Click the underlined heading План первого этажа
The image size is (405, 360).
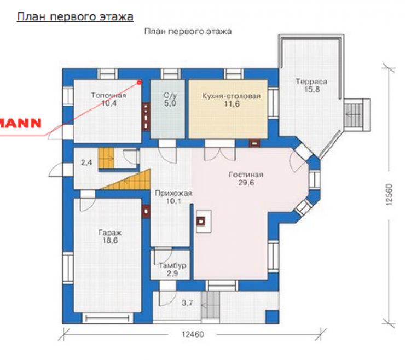[75, 17]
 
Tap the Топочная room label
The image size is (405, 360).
[109, 95]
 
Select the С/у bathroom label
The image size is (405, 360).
[170, 95]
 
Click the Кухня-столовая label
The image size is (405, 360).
[232, 96]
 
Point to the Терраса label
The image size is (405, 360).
[311, 82]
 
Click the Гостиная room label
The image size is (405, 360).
[246, 175]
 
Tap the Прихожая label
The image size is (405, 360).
[173, 193]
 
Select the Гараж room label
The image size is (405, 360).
[110, 233]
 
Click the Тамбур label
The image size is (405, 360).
[172, 265]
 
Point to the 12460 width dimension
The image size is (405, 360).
[193, 334]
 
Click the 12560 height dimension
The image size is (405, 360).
[390, 194]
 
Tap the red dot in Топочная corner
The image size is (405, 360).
[140, 83]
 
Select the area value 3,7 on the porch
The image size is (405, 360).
[188, 303]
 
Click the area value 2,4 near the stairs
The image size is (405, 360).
[86, 162]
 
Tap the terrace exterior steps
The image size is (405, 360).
[354, 115]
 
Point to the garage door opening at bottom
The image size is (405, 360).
[107, 318]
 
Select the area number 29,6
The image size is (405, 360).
[246, 183]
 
